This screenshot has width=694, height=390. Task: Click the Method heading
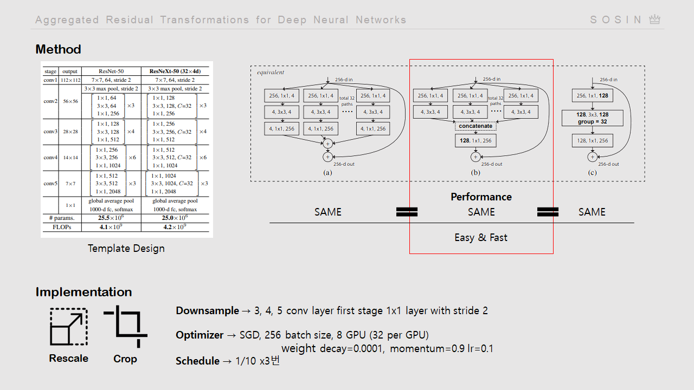click(x=58, y=49)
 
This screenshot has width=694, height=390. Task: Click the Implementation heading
click(x=83, y=292)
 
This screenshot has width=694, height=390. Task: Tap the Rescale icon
click(x=68, y=327)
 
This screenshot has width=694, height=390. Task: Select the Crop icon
click(x=126, y=326)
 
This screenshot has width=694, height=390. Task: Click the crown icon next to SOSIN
click(x=655, y=19)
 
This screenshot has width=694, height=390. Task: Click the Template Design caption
click(x=126, y=249)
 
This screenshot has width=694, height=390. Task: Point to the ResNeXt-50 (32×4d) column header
click(x=175, y=71)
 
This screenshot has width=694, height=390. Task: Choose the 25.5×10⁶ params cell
click(x=111, y=217)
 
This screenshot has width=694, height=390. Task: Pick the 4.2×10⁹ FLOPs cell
click(x=175, y=227)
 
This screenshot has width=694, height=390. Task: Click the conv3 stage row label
click(x=50, y=132)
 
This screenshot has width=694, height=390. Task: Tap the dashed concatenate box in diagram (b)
click(x=475, y=126)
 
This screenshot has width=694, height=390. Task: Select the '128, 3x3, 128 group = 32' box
click(x=592, y=118)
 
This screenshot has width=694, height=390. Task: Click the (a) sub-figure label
click(x=327, y=173)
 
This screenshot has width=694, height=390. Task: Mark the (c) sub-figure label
click(x=592, y=173)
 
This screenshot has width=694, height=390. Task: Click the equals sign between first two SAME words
click(x=407, y=212)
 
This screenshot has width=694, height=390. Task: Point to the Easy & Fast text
click(x=481, y=237)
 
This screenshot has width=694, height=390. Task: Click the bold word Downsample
click(x=207, y=311)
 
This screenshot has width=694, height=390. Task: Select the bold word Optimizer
click(x=200, y=335)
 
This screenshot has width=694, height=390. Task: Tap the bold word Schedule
click(x=197, y=361)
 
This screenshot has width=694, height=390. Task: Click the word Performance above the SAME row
click(x=481, y=197)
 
